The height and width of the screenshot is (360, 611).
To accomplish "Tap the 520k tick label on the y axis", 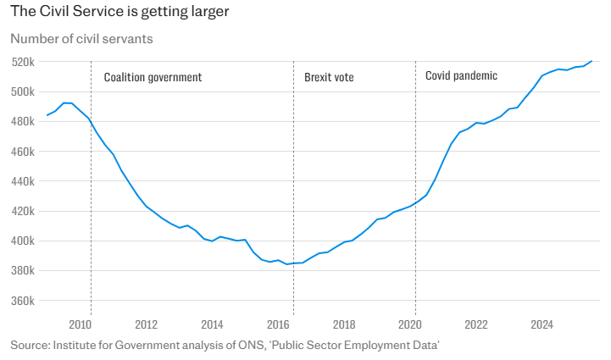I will (x=22, y=62).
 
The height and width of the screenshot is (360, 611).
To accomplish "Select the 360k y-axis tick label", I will (x=22, y=301).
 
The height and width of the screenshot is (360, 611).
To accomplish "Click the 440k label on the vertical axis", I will (x=22, y=181).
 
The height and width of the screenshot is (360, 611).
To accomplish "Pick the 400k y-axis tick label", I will (x=22, y=241).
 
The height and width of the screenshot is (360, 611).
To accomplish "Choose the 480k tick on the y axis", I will (x=22, y=121).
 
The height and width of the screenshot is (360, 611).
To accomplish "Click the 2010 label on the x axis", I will (x=81, y=324).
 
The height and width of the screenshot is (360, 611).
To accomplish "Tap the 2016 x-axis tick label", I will (x=278, y=324).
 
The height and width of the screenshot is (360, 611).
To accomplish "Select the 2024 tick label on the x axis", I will (x=542, y=324).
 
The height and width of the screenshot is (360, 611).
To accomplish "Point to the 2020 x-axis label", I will (x=410, y=324).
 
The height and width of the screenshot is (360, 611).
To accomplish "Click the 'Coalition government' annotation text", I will (x=153, y=77).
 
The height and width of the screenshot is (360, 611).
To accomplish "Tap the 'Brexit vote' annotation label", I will (x=329, y=77).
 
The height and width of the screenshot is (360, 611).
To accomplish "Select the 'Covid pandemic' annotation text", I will (x=461, y=76).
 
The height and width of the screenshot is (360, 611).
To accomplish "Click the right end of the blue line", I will (x=592, y=61).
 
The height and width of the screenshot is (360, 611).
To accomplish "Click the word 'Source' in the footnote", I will (x=28, y=345).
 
